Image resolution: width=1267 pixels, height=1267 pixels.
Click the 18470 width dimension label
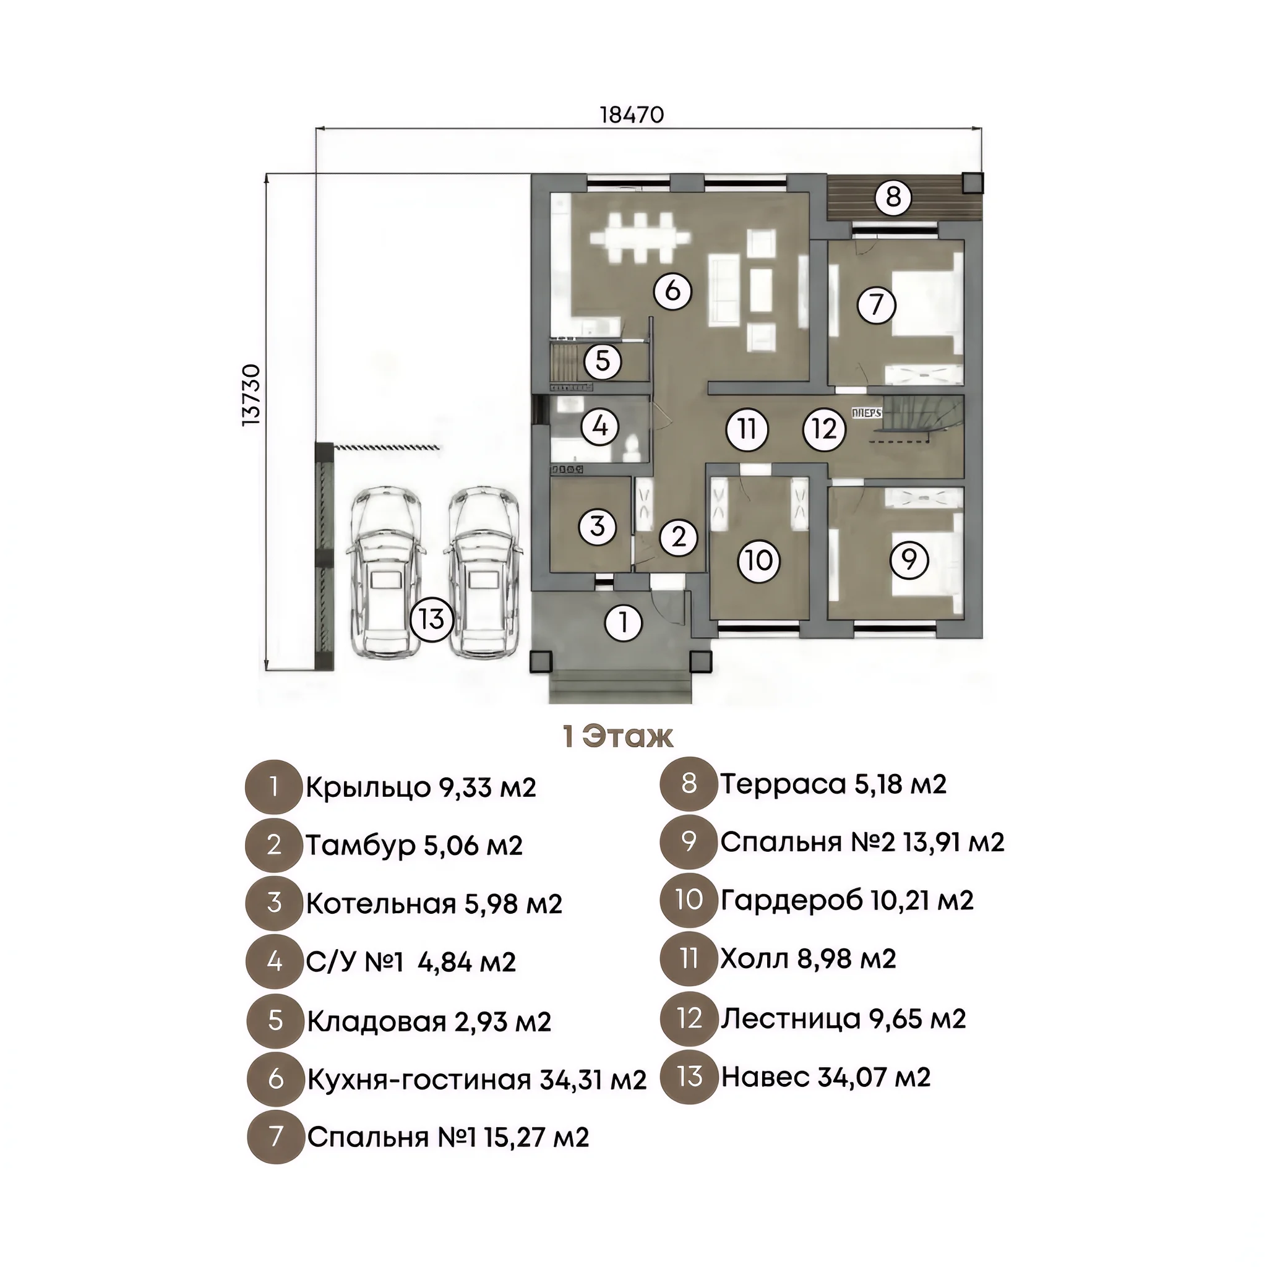[632, 115]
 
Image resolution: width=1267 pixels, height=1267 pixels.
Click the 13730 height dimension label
[251, 395]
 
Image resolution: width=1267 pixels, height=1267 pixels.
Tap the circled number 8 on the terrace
[893, 196]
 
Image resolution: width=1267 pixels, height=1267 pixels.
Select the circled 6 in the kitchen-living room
[673, 291]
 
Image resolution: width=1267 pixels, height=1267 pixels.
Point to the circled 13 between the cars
[432, 619]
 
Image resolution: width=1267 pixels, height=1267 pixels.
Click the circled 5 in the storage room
[603, 361]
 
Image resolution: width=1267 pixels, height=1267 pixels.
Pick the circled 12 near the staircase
[824, 429]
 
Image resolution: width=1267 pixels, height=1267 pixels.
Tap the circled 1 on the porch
[623, 622]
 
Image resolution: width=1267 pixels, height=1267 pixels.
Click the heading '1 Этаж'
[618, 736]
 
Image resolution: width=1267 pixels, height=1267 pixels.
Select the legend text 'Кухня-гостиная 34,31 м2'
[477, 1080]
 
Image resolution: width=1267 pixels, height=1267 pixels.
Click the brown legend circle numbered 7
[275, 1136]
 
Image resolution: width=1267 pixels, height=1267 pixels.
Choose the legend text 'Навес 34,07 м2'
[826, 1077]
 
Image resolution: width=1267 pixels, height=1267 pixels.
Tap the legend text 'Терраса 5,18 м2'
[833, 784]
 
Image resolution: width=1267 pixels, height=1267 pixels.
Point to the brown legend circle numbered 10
[689, 900]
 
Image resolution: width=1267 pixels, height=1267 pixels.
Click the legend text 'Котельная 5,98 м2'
[434, 904]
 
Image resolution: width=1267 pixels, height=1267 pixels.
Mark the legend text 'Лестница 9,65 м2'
[843, 1018]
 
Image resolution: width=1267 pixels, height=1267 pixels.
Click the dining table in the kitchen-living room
[640, 238]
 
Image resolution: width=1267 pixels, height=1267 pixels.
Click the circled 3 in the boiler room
[598, 526]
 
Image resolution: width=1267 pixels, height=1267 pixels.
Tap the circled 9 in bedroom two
[909, 559]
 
